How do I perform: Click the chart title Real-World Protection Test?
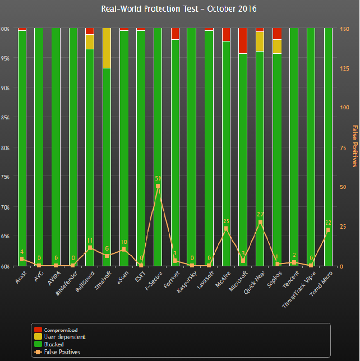pos(179,10)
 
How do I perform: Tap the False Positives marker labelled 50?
pos(158,186)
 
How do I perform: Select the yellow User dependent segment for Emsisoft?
pos(107,48)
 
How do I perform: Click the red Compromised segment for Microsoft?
pos(242,40)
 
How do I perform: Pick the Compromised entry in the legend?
pos(56,330)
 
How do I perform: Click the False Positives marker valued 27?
pos(260,223)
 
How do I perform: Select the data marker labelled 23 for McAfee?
pos(225,229)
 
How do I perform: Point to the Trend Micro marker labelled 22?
pos(327,230)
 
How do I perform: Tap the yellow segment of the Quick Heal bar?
pos(260,41)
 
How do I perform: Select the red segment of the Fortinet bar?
pos(175,33)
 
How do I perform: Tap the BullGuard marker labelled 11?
pos(90,248)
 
